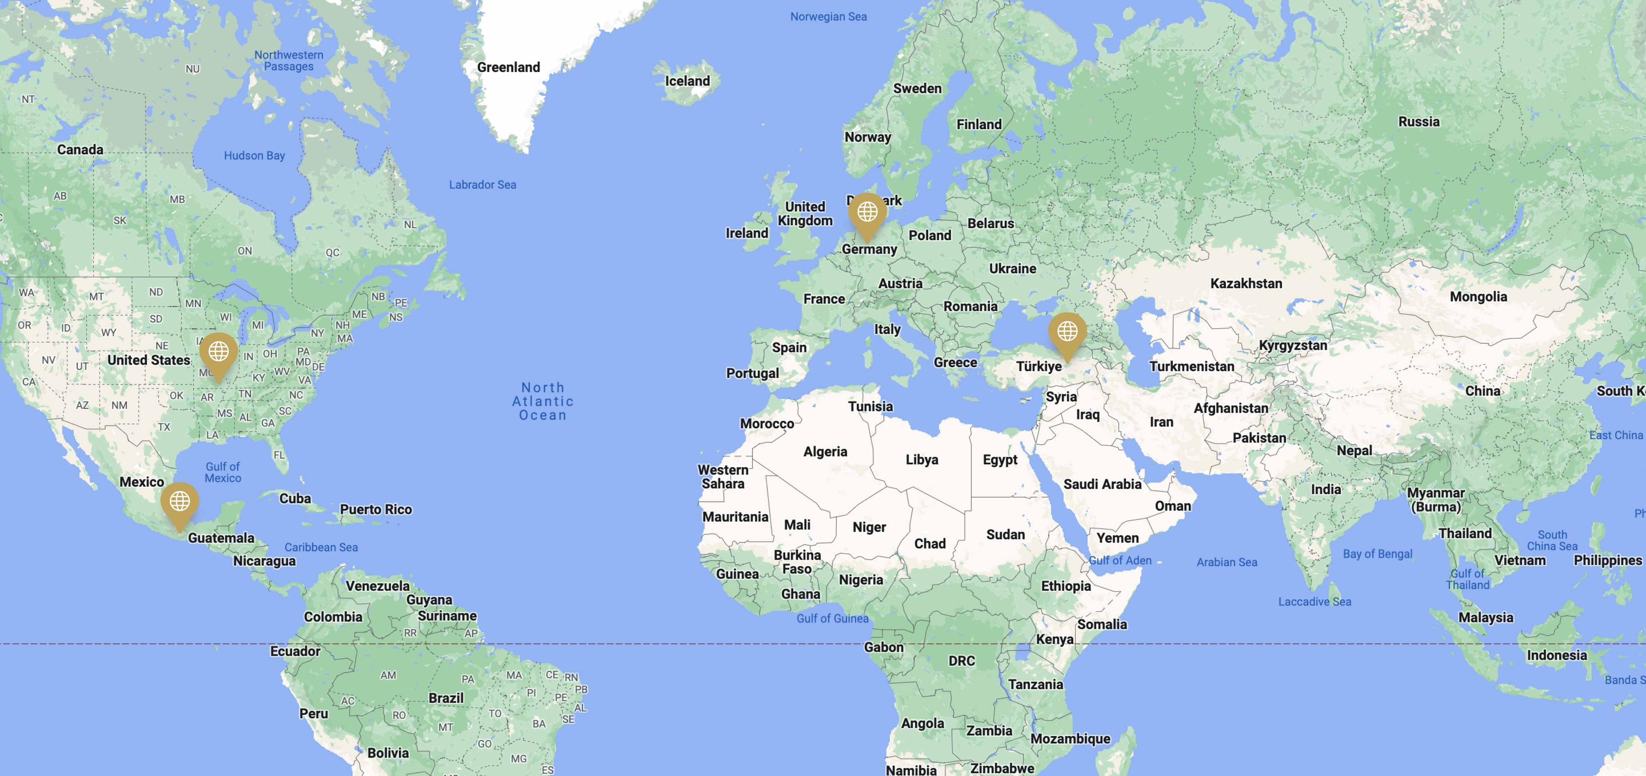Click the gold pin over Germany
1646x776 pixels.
(867, 213)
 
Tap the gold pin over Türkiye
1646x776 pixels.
(1067, 332)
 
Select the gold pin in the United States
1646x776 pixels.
(219, 352)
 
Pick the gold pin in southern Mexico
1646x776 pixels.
(180, 502)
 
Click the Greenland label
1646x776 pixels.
(509, 67)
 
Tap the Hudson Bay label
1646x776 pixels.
(254, 155)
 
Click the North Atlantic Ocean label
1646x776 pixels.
(543, 402)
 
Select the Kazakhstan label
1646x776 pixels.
(1246, 283)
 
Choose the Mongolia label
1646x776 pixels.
(1478, 296)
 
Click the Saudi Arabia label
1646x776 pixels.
(1102, 484)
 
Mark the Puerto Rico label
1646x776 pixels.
(376, 510)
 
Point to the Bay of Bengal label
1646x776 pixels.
(1377, 554)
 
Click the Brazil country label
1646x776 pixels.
(446, 698)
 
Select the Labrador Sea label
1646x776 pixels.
(482, 185)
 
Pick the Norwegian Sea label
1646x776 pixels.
(828, 17)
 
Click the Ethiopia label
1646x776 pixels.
(1066, 586)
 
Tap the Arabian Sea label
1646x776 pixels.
(1226, 562)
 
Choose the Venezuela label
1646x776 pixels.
(378, 586)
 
